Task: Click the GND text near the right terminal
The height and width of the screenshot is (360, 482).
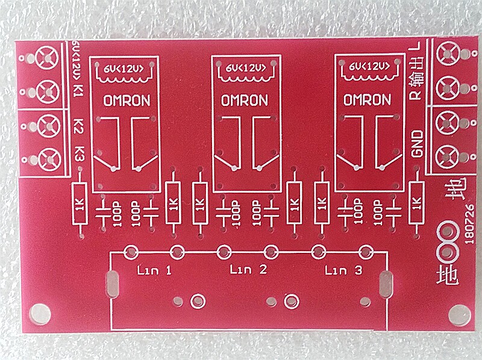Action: point(416,144)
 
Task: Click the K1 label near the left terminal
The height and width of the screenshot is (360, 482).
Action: point(78,91)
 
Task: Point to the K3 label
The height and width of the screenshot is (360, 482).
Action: point(79,154)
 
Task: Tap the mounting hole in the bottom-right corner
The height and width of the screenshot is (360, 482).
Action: point(461,314)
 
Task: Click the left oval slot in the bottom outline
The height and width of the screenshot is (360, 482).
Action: point(111,284)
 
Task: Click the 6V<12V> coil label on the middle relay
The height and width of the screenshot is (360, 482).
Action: point(245,68)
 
